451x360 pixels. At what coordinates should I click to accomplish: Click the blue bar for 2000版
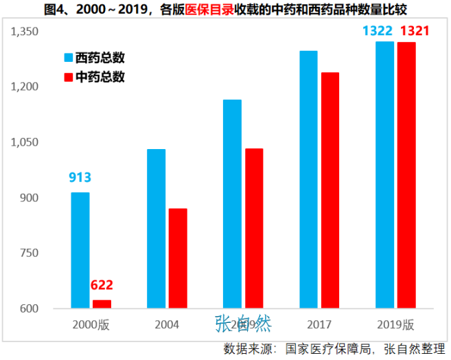(x=80, y=250)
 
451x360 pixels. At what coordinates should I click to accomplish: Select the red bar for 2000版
(x=102, y=304)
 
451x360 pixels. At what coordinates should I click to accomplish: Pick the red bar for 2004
(x=178, y=258)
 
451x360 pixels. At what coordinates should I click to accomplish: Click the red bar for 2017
(x=330, y=190)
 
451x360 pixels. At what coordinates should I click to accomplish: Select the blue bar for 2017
(x=309, y=179)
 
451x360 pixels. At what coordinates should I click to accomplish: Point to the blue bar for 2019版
(x=384, y=175)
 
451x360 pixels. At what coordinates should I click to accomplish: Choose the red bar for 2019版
(x=406, y=175)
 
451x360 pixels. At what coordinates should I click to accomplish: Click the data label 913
(x=80, y=177)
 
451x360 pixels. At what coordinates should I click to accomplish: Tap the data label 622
(x=102, y=285)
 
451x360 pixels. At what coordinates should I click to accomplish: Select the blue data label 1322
(x=378, y=31)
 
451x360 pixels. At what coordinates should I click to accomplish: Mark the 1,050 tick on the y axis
(x=26, y=142)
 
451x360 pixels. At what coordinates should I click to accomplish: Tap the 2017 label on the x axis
(x=319, y=324)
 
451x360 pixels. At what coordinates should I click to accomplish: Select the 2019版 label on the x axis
(x=395, y=324)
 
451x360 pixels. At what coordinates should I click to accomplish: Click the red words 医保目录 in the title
(x=206, y=10)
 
